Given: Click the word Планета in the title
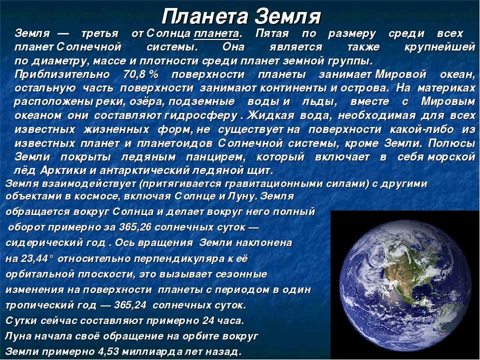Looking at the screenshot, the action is pos(205,17).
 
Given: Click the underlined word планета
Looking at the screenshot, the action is pos(216,33).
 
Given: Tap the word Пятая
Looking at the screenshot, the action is pos(272,33).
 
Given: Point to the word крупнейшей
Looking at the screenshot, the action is pos(439,47).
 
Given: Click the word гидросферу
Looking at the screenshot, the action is pos(201,115).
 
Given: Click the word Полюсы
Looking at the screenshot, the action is pos(451,143).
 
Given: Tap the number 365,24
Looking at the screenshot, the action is pos(130,305).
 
